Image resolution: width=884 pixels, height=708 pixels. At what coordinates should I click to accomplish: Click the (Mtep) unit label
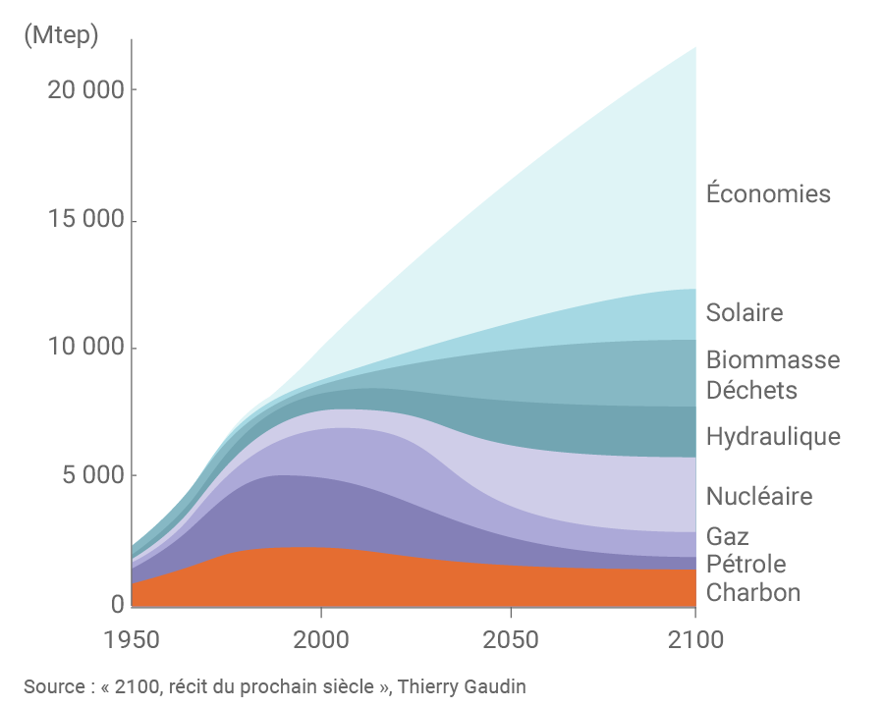[60, 36]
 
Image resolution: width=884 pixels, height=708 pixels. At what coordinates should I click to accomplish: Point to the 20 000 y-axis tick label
[85, 90]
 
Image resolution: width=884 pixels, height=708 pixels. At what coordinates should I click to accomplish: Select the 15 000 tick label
[85, 220]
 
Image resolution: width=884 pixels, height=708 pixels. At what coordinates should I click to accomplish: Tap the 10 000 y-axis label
[85, 349]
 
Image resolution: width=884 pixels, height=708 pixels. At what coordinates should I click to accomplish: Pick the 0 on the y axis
[116, 605]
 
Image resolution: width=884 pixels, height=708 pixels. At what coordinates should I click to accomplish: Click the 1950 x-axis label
[132, 640]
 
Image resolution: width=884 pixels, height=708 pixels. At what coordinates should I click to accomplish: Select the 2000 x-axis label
[321, 640]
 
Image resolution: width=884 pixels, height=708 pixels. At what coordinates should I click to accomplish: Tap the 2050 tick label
[511, 640]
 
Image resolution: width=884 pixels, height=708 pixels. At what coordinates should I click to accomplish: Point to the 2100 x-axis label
[695, 640]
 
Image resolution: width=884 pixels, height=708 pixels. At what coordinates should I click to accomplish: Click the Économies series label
[768, 193]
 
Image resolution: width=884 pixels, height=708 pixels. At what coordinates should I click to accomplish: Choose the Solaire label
[745, 313]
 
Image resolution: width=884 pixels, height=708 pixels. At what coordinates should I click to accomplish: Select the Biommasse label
[773, 359]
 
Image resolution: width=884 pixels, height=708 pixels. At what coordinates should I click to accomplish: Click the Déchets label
[751, 390]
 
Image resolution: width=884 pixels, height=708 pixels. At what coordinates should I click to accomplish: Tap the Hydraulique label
[773, 436]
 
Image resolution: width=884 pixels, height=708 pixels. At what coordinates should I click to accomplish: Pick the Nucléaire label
[759, 496]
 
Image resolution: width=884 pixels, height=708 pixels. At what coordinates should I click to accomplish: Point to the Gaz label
[728, 537]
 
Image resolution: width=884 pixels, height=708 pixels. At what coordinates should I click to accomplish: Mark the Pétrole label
[746, 565]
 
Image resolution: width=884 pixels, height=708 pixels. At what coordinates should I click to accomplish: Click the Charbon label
[753, 593]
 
